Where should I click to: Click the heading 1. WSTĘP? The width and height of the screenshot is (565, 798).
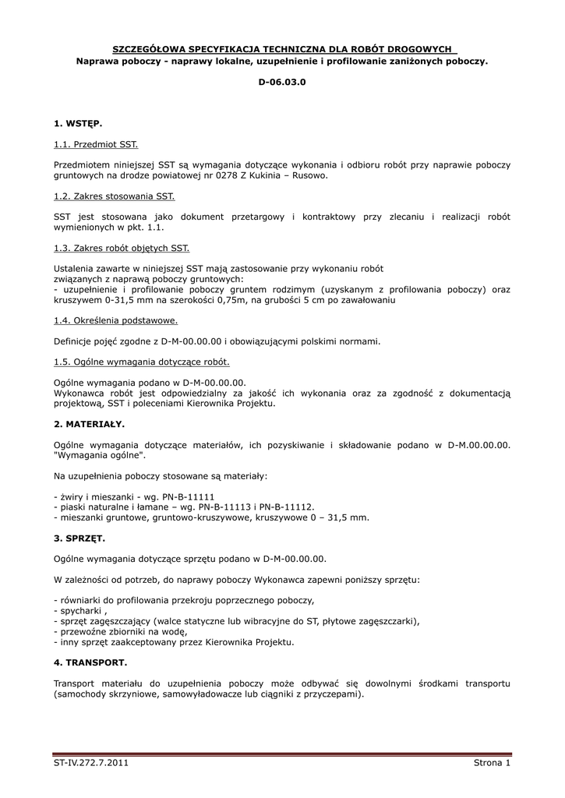(x=78, y=123)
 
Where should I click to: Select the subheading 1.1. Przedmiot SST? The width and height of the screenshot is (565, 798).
(x=96, y=144)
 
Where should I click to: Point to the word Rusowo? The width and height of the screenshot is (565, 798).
(x=310, y=175)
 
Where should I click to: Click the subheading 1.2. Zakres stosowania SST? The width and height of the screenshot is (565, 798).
(x=115, y=196)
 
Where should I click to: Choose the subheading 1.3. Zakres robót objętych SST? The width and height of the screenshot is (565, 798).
(x=122, y=248)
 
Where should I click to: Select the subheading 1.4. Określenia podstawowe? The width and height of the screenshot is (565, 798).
(x=116, y=320)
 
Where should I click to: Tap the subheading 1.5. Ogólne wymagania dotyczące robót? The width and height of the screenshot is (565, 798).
(x=142, y=362)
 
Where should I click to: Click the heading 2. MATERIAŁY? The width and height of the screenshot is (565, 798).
(x=89, y=424)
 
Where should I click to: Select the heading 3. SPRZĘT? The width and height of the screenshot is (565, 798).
(x=79, y=538)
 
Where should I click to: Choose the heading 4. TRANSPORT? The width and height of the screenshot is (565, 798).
(x=90, y=662)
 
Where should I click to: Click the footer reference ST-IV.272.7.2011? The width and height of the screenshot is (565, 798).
(x=90, y=763)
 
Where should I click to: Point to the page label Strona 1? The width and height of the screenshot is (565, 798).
(x=491, y=763)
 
